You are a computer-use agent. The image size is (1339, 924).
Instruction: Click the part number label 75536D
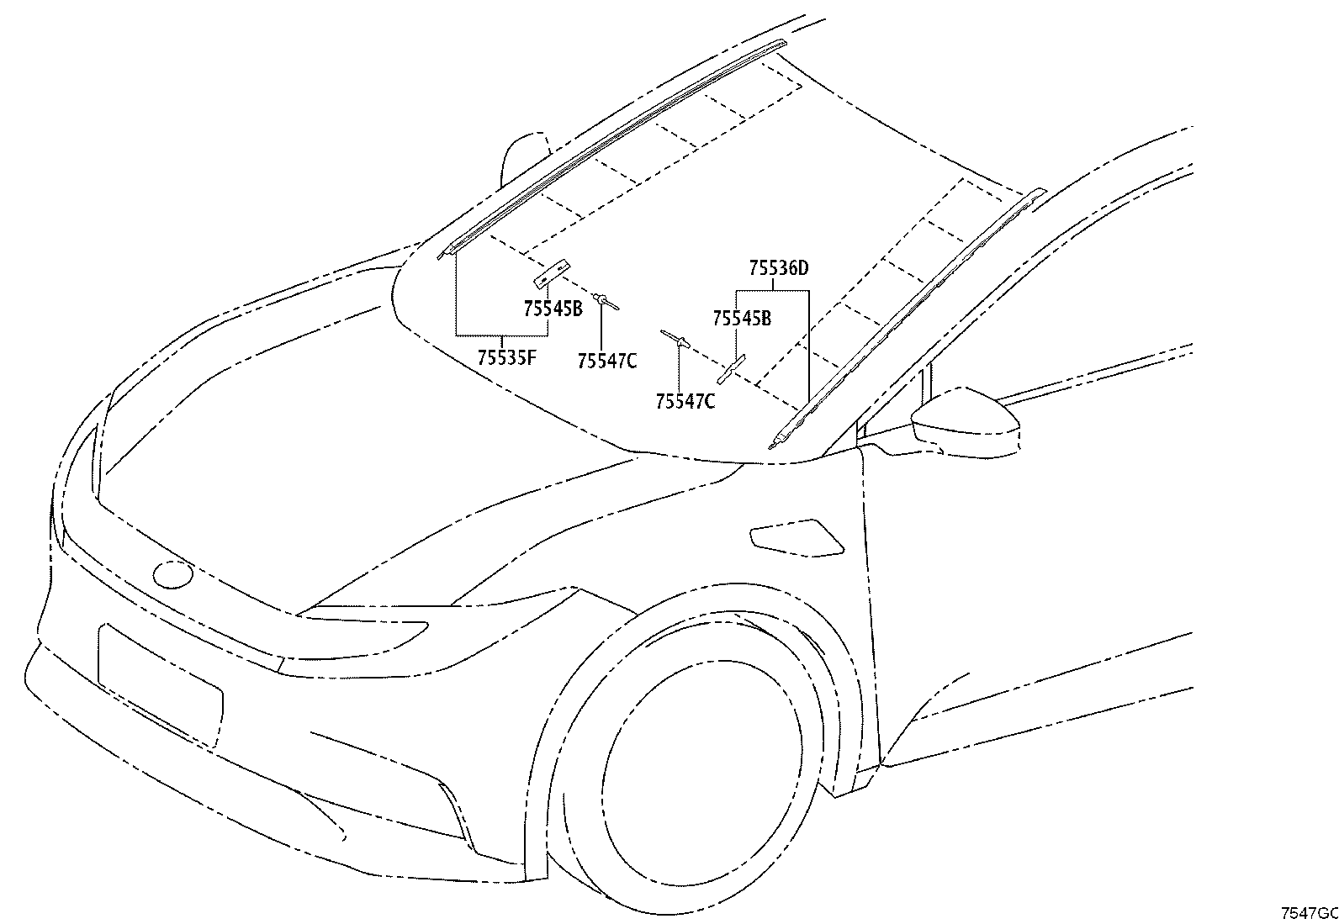coord(778,269)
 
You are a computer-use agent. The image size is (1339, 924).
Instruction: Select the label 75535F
coord(507,357)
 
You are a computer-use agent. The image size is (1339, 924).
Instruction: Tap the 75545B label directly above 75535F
coord(553,309)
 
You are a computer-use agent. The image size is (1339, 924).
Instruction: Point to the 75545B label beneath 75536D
coord(741,319)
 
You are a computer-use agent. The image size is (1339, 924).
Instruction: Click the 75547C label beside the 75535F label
coord(607,361)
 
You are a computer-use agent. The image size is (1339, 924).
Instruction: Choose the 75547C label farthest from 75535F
coord(685,402)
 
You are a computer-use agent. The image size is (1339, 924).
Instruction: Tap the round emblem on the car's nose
coord(172,574)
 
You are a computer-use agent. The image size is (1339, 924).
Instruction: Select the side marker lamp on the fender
coord(797,537)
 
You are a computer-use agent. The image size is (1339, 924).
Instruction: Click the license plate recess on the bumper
coord(160,686)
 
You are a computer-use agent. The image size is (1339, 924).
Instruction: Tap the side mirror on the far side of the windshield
coord(523,158)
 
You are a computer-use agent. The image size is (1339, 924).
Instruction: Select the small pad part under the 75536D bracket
coord(731,369)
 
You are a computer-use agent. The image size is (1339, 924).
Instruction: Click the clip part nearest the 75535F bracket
coord(606,302)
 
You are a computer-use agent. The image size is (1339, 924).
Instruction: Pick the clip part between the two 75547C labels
coord(675,338)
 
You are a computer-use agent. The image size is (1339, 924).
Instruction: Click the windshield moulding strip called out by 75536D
coord(907,319)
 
